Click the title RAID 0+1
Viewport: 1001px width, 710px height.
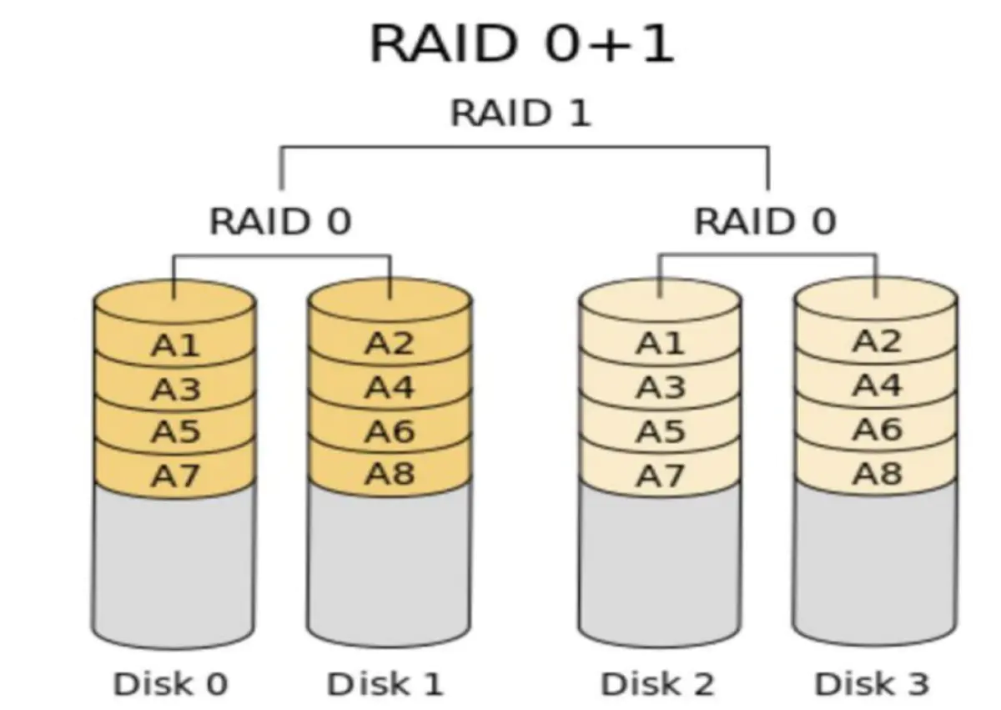[x=521, y=44]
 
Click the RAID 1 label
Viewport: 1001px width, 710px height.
[x=521, y=113]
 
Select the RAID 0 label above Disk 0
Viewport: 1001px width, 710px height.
[x=280, y=222]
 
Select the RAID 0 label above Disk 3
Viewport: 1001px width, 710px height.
[x=765, y=222]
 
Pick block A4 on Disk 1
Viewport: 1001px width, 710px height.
[x=390, y=387]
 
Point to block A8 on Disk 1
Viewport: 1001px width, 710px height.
[x=390, y=474]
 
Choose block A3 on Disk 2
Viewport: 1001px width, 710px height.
[x=660, y=388]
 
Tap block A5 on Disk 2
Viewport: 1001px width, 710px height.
[x=660, y=432]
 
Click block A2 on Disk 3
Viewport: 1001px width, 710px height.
[x=877, y=341]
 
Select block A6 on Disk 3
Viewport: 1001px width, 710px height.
[x=877, y=430]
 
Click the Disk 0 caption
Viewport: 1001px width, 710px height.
[x=170, y=684]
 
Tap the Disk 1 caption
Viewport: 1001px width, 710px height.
[x=385, y=684]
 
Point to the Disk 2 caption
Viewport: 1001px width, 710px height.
[x=657, y=684]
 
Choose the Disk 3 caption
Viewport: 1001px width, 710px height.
[x=872, y=684]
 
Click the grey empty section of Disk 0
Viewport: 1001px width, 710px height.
[x=174, y=567]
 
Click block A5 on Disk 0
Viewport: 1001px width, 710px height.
[x=175, y=432]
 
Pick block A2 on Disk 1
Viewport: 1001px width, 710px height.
[x=390, y=343]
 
